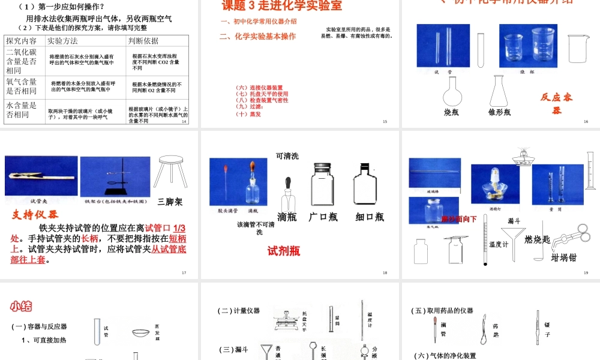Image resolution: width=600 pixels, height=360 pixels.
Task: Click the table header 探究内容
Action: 21,41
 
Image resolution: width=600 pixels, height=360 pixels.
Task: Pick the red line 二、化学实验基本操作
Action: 257,37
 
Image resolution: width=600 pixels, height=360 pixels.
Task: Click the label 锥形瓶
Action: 499,112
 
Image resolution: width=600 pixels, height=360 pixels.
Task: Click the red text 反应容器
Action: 556,103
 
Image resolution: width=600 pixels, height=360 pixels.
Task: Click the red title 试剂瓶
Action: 284,251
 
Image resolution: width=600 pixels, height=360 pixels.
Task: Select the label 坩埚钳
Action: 563,257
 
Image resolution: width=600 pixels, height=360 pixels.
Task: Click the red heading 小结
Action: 20,307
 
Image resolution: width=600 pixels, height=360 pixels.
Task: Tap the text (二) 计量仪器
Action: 238,310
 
